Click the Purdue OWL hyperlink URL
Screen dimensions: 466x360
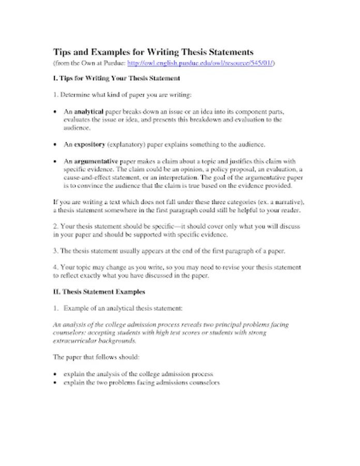click(x=201, y=63)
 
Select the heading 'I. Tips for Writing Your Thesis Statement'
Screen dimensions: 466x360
click(x=116, y=79)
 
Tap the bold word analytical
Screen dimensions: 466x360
click(x=89, y=111)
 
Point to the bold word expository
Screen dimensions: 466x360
click(x=89, y=144)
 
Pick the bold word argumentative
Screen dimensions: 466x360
click(x=96, y=161)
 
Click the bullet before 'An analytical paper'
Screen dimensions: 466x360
click(x=56, y=112)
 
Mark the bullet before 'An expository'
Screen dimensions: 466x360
click(x=56, y=144)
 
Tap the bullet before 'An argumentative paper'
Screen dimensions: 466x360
click(x=56, y=162)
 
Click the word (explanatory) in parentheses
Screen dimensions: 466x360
click(x=128, y=144)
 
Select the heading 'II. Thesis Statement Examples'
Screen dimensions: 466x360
click(x=99, y=292)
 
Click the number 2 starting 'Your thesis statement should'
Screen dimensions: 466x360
click(x=55, y=227)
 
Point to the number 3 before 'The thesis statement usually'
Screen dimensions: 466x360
click(x=55, y=251)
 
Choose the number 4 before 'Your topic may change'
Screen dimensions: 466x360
click(x=55, y=267)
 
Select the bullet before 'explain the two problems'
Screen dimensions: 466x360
click(x=56, y=383)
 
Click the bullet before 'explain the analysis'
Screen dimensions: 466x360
click(x=56, y=374)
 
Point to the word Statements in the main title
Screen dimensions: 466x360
click(x=230, y=52)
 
